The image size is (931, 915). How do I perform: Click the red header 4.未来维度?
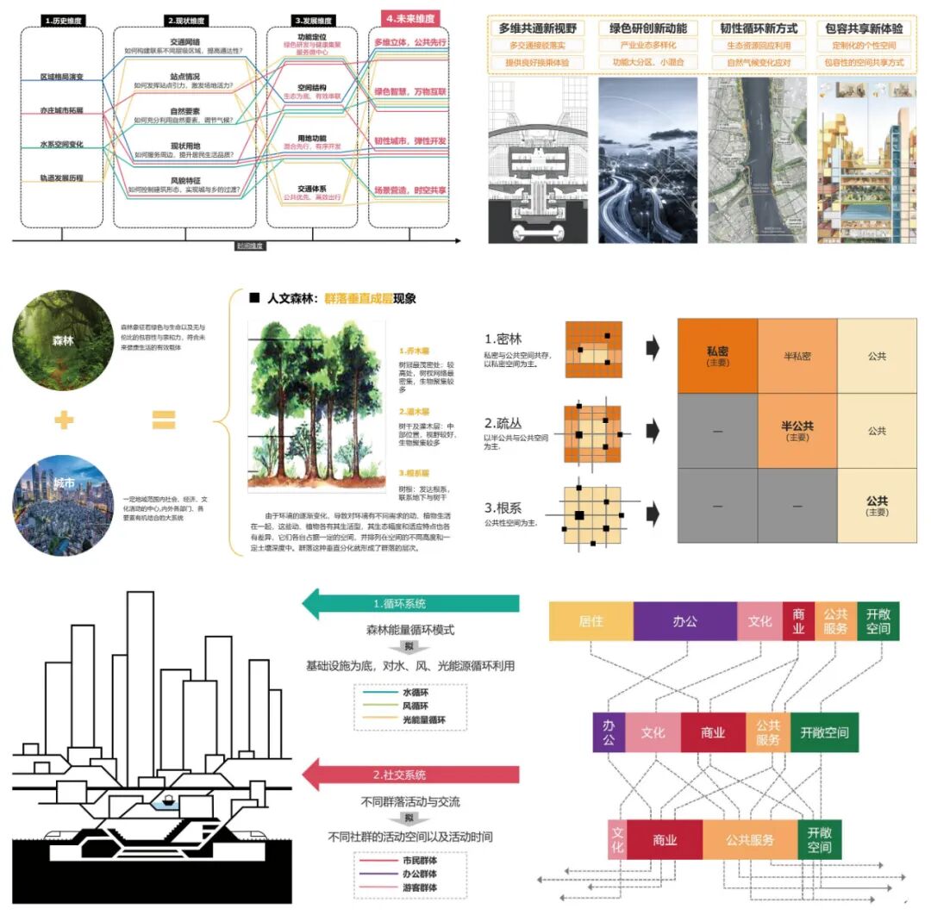[409, 17]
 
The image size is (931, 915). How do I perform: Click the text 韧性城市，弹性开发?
[409, 140]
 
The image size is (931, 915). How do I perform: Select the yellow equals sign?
[164, 420]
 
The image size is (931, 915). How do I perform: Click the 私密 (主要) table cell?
[717, 356]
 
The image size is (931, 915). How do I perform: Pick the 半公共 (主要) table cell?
[797, 431]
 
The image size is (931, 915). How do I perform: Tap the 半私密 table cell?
[797, 356]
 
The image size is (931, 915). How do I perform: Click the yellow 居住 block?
[590, 621]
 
